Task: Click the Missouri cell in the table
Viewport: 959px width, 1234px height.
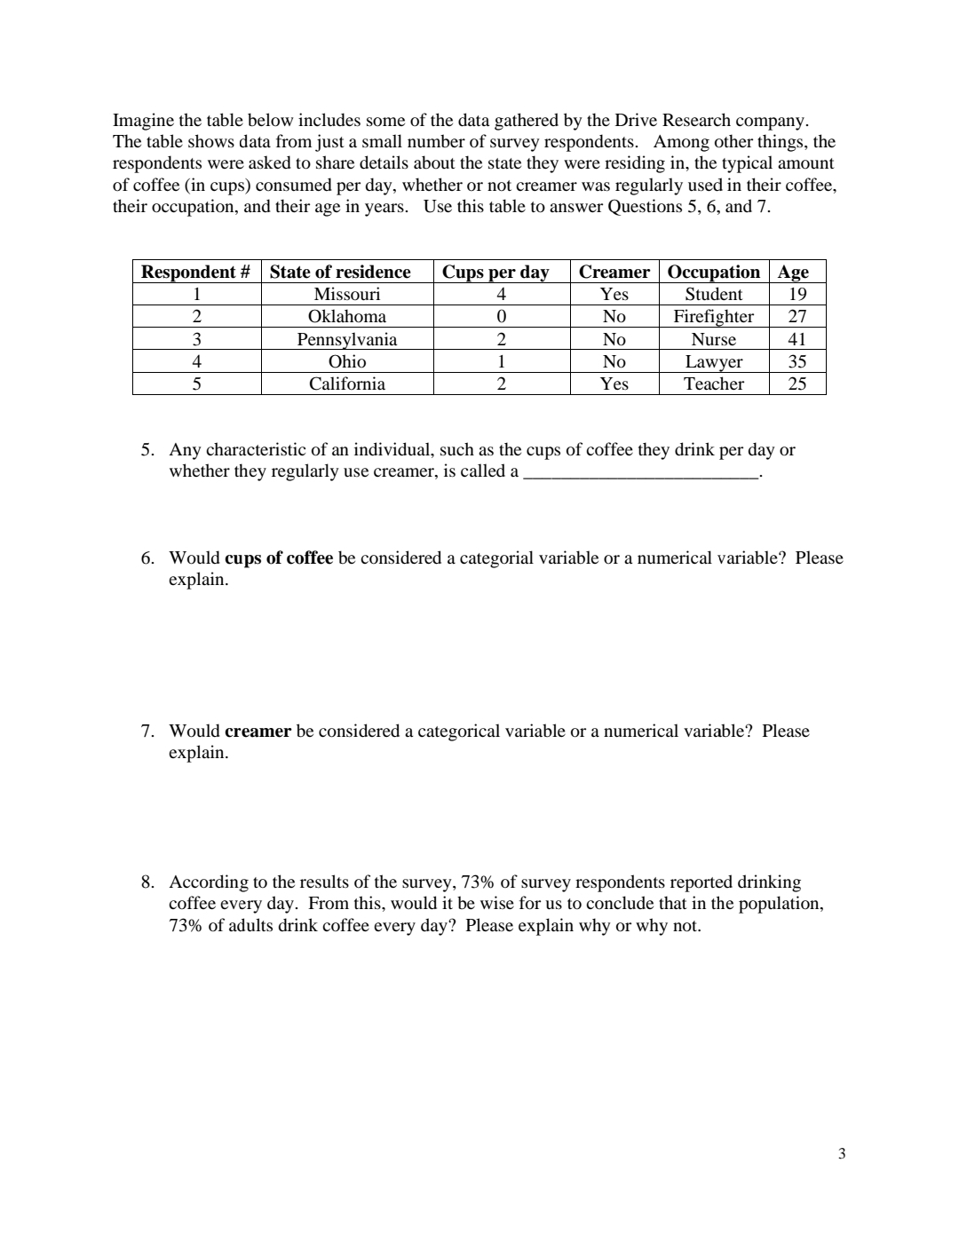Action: click(x=346, y=294)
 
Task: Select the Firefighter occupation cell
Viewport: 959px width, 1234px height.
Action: click(x=713, y=317)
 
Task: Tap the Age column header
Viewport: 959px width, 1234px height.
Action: click(x=793, y=272)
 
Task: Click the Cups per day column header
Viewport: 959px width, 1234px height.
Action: click(x=495, y=272)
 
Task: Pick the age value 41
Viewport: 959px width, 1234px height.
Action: click(x=797, y=339)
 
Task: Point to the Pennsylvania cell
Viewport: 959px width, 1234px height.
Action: click(x=346, y=339)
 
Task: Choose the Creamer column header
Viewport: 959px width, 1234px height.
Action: click(x=614, y=272)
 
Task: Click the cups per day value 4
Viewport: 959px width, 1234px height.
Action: click(x=501, y=294)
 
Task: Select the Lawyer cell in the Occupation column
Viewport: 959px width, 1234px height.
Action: click(x=713, y=361)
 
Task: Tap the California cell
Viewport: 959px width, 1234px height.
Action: click(x=346, y=384)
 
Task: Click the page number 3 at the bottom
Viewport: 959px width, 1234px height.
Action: click(x=842, y=1154)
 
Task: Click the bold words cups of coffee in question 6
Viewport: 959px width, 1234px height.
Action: click(x=279, y=558)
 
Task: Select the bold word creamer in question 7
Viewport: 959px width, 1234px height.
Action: click(x=258, y=732)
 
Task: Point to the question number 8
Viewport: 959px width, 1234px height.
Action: click(x=147, y=882)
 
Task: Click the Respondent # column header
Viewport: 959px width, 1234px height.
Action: click(x=196, y=272)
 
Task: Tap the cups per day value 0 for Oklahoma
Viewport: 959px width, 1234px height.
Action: click(x=501, y=317)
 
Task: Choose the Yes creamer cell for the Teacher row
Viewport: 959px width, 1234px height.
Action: click(x=614, y=384)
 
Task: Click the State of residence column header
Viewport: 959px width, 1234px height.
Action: click(x=340, y=272)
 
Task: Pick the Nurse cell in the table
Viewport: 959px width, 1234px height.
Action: click(x=713, y=339)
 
